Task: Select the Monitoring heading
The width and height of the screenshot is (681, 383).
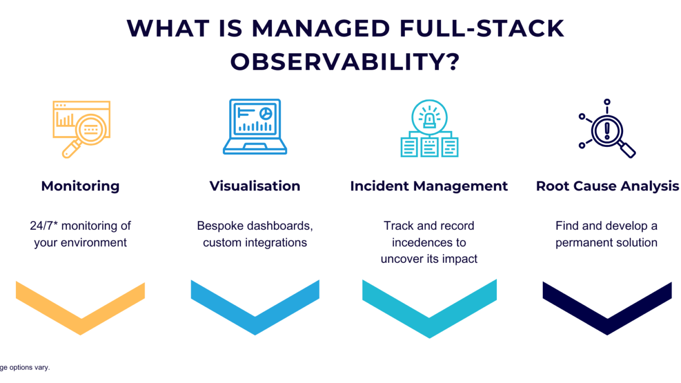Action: (80, 186)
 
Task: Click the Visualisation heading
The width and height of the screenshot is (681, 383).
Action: (255, 186)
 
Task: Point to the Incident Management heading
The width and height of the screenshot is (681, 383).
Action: (429, 186)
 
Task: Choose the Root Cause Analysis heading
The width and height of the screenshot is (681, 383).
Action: (607, 186)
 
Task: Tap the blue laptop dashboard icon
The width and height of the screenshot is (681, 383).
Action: (255, 127)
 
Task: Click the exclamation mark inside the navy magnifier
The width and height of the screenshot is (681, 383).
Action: (607, 129)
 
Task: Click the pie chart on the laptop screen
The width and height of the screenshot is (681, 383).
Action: (265, 113)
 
